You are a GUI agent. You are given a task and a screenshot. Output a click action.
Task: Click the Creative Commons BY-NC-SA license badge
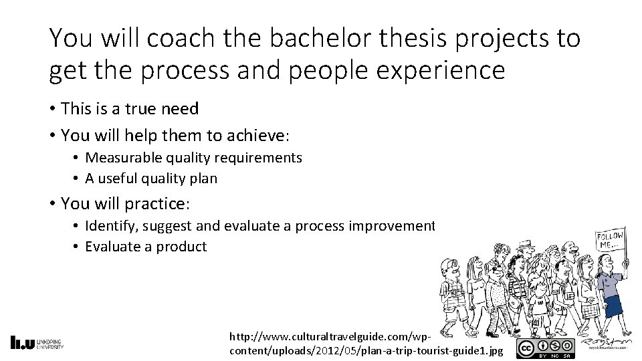545,348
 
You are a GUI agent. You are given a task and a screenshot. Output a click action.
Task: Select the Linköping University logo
37,342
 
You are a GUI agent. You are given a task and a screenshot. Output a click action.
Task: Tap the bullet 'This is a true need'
129,108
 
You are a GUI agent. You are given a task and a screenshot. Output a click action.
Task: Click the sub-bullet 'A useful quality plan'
151,178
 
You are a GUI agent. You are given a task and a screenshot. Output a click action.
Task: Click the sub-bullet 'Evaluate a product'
146,246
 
